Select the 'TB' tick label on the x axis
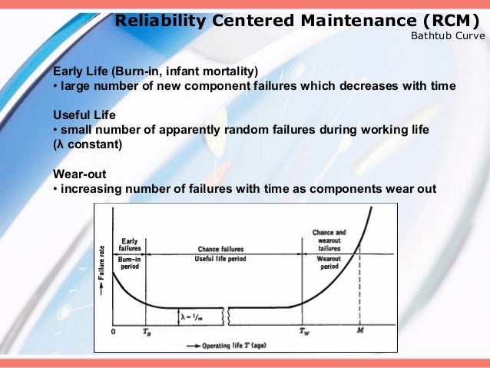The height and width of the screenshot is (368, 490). coord(147,333)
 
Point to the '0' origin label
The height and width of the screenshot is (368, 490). coord(113,332)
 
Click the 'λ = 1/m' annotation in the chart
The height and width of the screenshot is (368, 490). coord(193,315)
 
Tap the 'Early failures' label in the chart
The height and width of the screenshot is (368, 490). coord(130,245)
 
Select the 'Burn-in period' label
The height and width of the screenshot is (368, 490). coord(129,264)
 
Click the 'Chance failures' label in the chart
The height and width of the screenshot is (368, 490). coord(220,250)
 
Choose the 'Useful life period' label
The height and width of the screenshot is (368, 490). coord(220,259)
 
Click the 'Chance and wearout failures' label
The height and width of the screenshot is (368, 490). coord(329,240)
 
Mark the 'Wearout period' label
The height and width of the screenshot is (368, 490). coord(329,264)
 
